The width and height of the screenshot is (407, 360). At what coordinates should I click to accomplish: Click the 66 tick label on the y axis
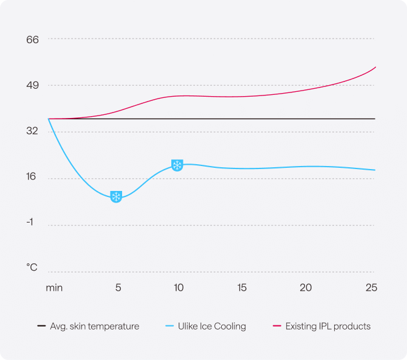point(32,40)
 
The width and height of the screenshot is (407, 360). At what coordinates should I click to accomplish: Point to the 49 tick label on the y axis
point(32,85)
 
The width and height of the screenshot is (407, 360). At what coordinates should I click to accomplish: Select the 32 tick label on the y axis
point(32,131)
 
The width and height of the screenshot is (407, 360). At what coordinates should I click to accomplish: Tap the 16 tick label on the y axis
point(32,178)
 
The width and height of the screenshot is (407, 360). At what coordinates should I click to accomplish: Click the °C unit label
point(32,268)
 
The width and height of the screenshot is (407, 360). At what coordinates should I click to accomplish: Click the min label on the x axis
point(54,287)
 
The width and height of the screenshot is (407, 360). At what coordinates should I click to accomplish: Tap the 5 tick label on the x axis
point(118,287)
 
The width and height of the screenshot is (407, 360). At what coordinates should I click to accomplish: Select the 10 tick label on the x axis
point(179,287)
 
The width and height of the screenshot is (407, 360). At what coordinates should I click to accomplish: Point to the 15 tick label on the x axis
point(242,287)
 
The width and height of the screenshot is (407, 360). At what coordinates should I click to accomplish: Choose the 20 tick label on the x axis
point(306,287)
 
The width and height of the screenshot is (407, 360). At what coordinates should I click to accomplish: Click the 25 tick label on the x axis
point(371,287)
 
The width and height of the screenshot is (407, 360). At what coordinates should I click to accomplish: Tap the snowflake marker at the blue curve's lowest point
point(116,196)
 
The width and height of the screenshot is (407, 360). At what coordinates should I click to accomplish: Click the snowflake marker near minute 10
point(177,165)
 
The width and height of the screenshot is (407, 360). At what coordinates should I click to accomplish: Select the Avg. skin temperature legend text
point(95,326)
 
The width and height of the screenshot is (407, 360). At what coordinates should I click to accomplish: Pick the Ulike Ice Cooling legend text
point(212,326)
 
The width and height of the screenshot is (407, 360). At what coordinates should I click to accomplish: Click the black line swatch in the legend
point(41,326)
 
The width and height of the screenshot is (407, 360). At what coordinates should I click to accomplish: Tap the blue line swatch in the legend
point(169,326)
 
